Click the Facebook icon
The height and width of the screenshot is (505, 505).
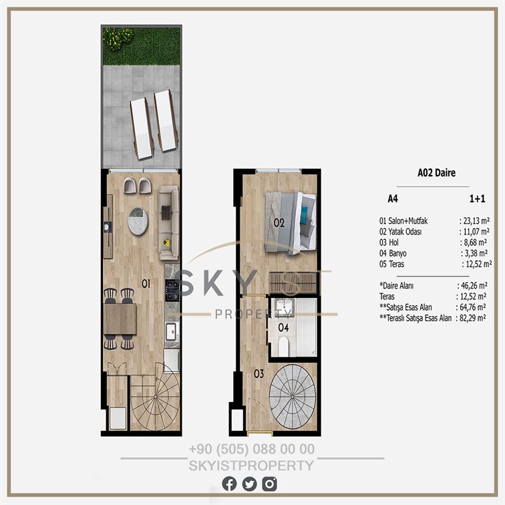229,484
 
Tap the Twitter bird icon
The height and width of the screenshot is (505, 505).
249,484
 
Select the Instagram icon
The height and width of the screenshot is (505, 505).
269,484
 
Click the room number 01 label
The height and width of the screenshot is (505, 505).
146,283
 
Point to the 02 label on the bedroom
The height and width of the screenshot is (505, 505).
279,222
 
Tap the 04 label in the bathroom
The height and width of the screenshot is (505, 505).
283,327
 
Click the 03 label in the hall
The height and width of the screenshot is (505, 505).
259,373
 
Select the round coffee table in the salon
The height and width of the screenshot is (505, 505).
138,221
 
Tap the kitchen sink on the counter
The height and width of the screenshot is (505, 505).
171,331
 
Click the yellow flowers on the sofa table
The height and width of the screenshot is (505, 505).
166,242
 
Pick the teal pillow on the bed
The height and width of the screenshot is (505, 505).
304,215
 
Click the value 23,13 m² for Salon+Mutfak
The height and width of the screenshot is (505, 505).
474,220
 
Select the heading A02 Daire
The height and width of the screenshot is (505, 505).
436,173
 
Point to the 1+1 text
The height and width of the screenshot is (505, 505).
477,198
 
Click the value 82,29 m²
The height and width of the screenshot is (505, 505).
472,318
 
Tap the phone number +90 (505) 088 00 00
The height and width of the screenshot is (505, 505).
252,449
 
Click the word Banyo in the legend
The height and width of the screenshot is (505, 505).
397,253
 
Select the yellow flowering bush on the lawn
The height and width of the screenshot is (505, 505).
118,38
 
